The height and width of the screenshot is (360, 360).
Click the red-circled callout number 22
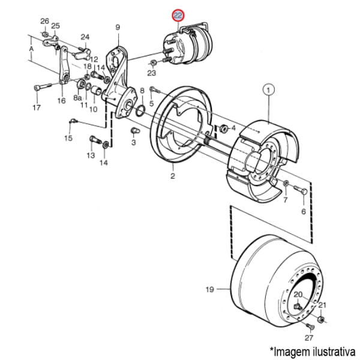pyautogui.click(x=178, y=16)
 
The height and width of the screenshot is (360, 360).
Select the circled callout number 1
pyautogui.click(x=269, y=90)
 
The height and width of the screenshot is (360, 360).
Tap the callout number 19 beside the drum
pyautogui.click(x=210, y=290)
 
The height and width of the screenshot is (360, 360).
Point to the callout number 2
pyautogui.click(x=172, y=176)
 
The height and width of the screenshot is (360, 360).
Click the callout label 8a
pyautogui.click(x=77, y=98)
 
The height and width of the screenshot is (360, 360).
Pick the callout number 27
pyautogui.click(x=309, y=338)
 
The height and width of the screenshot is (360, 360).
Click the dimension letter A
pyautogui.click(x=31, y=49)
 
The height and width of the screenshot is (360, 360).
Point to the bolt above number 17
pyautogui.click(x=43, y=87)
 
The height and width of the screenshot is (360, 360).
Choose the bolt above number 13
pyautogui.click(x=95, y=139)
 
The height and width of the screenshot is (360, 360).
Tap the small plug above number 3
pyautogui.click(x=135, y=131)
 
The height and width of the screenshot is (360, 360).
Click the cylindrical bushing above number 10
pyautogui.click(x=96, y=90)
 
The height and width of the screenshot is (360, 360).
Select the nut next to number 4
pyautogui.click(x=224, y=128)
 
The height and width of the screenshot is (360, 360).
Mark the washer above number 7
pyautogui.click(x=286, y=183)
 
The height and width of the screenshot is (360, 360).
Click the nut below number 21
pyautogui.click(x=321, y=319)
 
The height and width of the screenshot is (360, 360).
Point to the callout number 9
pyautogui.click(x=118, y=28)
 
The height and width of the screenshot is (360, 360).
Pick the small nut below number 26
pyautogui.click(x=46, y=34)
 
